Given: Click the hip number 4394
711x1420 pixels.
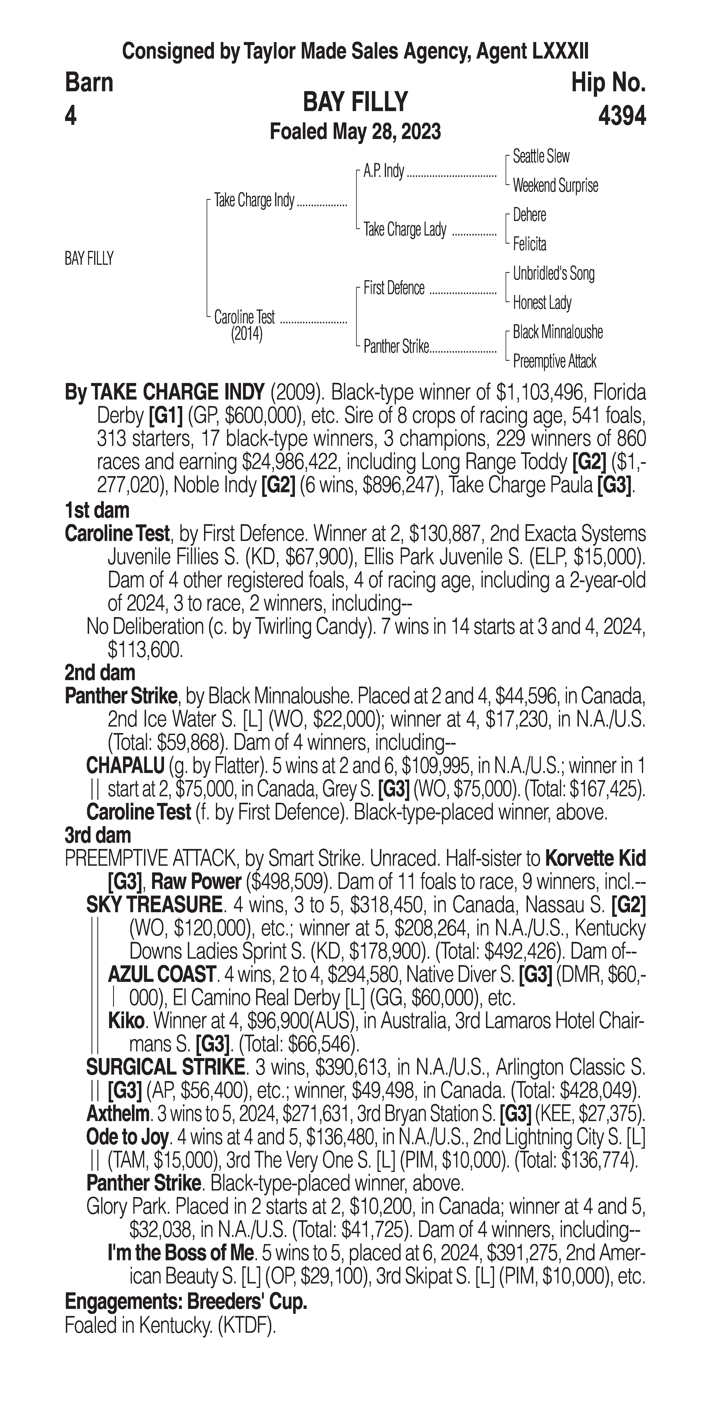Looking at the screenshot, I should (621, 116).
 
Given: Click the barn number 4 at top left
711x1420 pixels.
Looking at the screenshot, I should (70, 116).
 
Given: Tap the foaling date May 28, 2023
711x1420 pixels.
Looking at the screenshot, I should (386, 132).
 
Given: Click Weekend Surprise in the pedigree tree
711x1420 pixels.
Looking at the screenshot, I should (555, 186).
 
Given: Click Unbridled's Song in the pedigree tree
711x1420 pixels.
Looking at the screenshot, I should (553, 273).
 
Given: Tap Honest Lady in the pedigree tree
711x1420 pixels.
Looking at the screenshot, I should (542, 303).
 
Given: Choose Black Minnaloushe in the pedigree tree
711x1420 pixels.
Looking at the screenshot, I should (557, 332).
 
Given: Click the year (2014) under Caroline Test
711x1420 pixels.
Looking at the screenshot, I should (246, 334).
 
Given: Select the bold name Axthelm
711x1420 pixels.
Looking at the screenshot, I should (117, 1114).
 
